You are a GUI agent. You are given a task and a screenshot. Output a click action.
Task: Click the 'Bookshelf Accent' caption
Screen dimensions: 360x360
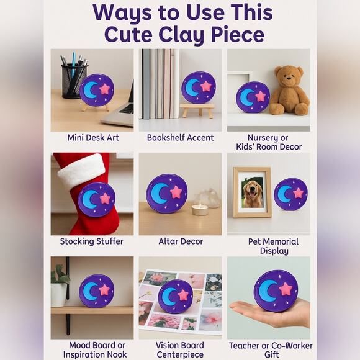(x=180, y=138)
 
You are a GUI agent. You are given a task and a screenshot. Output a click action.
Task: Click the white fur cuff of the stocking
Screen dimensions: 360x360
(x=81, y=171)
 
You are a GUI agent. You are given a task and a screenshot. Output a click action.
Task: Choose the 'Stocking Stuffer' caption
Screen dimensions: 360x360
(x=92, y=241)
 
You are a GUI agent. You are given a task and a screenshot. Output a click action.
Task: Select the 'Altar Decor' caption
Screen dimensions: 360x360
(x=180, y=241)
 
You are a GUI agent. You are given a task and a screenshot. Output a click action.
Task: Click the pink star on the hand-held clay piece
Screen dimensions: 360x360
(x=286, y=289)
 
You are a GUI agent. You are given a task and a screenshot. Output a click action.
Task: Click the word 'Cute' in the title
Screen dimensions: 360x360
(x=128, y=34)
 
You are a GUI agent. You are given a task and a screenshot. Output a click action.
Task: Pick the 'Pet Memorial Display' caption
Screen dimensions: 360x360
(x=268, y=246)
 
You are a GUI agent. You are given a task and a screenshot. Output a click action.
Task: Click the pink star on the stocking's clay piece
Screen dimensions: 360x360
(x=105, y=198)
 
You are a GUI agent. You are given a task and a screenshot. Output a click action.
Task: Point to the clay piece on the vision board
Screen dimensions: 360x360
(x=175, y=296)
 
